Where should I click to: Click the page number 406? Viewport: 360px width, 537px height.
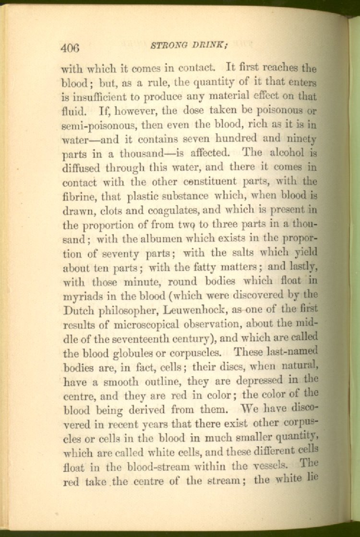(70, 48)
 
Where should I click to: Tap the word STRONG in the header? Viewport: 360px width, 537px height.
(166, 46)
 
